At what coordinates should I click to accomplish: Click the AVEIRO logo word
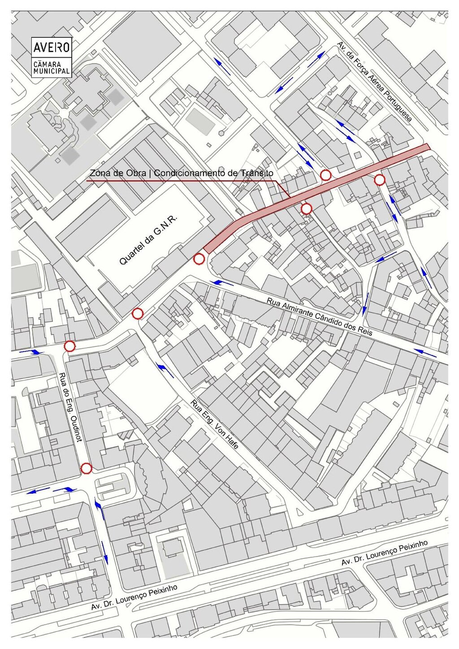[x=52, y=47]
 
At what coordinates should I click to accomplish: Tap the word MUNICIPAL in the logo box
[x=52, y=71]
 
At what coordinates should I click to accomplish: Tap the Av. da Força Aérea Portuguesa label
[x=374, y=82]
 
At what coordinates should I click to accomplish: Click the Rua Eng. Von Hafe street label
[x=214, y=424]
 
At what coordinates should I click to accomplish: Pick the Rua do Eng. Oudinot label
[x=71, y=407]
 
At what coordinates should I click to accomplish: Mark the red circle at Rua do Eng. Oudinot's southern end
[x=87, y=468]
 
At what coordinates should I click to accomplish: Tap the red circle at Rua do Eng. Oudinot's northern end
[x=69, y=346]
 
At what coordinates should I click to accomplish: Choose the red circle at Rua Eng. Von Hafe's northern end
[x=138, y=314]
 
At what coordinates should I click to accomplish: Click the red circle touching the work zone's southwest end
[x=199, y=258]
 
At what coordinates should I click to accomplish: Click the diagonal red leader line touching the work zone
[x=281, y=189]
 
